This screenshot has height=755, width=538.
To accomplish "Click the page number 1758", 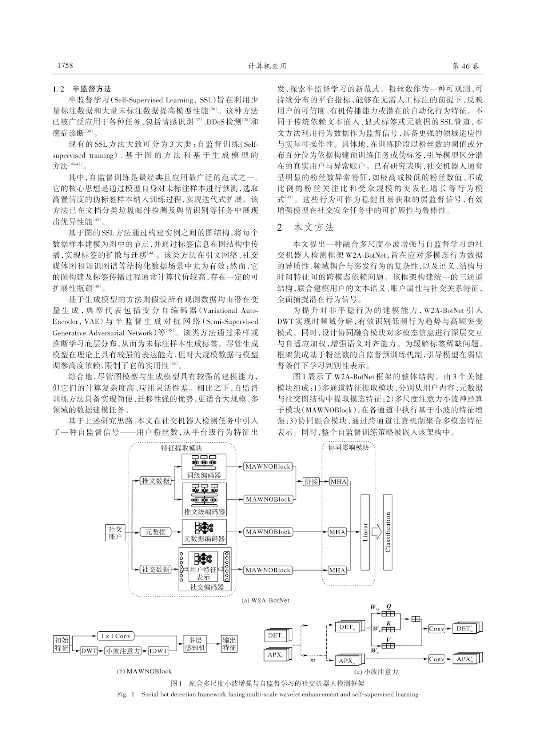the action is point(66,66).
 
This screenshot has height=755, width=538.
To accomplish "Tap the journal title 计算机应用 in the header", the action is point(267,66).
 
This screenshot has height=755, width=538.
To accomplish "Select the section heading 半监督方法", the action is point(91,89).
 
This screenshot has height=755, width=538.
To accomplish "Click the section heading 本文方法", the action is point(314,227).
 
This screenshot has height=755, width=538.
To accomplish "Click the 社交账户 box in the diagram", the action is point(115,533).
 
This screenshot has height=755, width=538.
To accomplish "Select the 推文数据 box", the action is point(156,481).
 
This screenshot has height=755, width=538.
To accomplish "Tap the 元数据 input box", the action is point(156,532).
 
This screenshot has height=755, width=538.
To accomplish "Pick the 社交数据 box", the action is point(156,570).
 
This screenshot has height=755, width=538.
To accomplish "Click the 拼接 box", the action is point(311,481).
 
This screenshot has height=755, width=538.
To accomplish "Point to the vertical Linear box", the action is point(365,532).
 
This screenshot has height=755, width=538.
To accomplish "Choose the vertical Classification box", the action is point(388,532).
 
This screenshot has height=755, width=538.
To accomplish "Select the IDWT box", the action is point(158,651).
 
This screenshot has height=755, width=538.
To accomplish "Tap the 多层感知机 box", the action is point(195,644).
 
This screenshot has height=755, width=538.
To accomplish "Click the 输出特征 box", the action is point(229,644).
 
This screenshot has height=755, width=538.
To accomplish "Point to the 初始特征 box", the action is point(62,644).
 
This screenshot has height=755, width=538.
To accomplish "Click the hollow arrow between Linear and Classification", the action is point(376,532).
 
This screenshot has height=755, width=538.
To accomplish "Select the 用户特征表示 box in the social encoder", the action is point(203,573).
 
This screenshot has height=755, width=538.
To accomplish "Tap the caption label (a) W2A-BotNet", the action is point(266,600).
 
